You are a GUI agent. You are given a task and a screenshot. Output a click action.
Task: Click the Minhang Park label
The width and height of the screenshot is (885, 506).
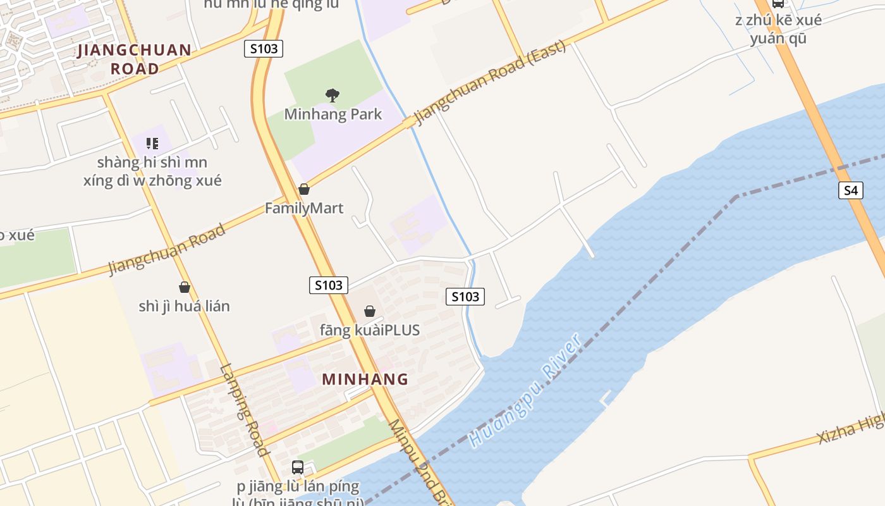click(x=333, y=114)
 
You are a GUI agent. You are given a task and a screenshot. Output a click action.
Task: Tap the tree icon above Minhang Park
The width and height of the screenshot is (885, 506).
click(x=333, y=96)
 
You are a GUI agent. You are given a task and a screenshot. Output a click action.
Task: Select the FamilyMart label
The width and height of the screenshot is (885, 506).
click(x=304, y=208)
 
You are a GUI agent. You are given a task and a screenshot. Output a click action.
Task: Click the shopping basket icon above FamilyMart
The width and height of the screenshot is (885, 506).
click(x=304, y=189)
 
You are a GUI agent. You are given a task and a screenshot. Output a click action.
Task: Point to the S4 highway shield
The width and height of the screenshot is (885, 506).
click(x=851, y=190)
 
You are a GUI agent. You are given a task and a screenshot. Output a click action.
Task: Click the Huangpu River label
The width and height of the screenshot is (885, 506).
click(x=527, y=391)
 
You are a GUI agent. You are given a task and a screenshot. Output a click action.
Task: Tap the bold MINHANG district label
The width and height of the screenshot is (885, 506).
click(x=365, y=379)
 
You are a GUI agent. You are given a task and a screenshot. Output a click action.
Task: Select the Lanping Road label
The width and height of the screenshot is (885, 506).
click(x=245, y=410)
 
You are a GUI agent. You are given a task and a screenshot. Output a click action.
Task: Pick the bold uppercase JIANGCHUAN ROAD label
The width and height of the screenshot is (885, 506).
click(x=135, y=59)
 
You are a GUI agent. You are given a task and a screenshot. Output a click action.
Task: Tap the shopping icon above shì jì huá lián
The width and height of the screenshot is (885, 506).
click(x=185, y=287)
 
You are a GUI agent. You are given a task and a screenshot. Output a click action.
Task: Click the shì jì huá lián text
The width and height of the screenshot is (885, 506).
click(x=185, y=306)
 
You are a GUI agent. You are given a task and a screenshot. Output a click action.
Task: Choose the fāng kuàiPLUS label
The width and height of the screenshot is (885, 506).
click(x=370, y=330)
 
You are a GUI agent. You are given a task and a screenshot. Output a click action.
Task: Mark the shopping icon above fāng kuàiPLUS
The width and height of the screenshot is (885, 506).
click(x=370, y=311)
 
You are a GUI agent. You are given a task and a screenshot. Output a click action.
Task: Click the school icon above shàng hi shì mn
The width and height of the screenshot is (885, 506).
click(x=152, y=144)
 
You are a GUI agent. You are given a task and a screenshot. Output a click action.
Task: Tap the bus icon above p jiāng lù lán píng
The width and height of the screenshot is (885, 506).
click(x=298, y=467)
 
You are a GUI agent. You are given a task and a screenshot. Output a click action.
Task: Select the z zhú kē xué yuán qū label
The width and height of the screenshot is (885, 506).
click(x=778, y=29)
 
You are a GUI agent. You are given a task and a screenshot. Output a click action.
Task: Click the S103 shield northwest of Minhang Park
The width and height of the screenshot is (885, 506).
click(x=263, y=49)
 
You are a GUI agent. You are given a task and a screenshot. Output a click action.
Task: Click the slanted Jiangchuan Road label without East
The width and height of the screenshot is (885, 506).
click(x=167, y=250)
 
